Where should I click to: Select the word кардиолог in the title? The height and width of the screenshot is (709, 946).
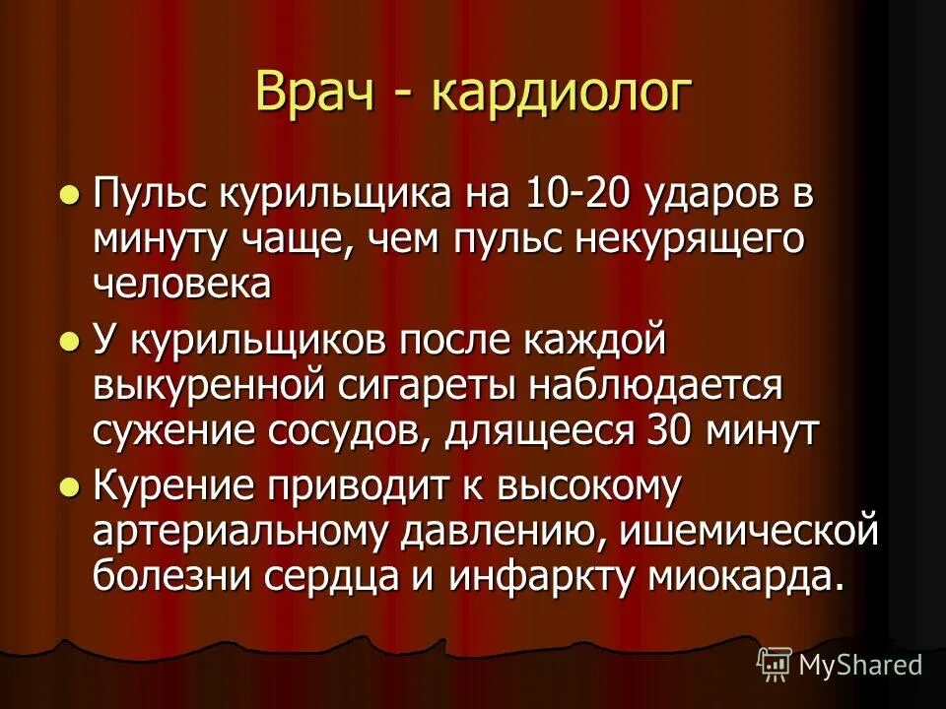[561, 94]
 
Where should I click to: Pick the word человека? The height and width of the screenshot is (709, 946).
[182, 285]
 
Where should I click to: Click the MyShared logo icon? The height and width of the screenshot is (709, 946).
[774, 665]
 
